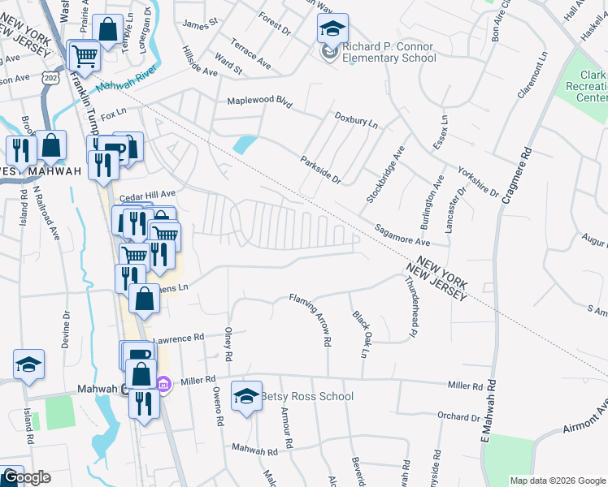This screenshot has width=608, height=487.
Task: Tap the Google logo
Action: (26, 478)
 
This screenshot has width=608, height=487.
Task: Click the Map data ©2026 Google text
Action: (558, 481)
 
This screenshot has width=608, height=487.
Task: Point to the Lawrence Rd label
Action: (177, 338)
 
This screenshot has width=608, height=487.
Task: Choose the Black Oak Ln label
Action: (358, 334)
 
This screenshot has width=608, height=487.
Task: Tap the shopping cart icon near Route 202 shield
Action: (84, 56)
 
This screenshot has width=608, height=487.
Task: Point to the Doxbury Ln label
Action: (356, 120)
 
